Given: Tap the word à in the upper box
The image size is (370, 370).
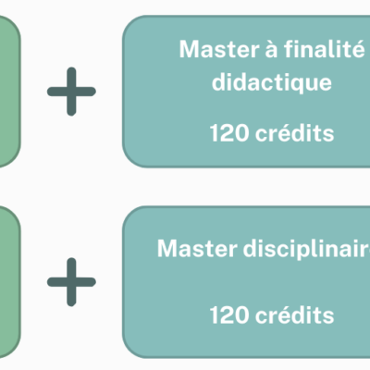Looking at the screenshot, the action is point(271,49).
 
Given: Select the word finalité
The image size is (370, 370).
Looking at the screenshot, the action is point(324,48).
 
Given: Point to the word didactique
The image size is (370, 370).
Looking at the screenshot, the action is point(272,82).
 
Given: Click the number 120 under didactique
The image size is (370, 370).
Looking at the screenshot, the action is point(228,133).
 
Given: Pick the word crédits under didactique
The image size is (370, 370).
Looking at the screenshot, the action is point(294,133).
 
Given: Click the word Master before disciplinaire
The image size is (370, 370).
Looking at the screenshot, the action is point(197,248).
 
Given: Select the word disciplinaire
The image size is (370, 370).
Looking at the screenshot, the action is point(306,248).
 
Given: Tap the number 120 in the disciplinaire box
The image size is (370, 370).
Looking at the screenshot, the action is point(228,314).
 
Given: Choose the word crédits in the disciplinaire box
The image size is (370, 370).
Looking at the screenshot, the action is point(294,314).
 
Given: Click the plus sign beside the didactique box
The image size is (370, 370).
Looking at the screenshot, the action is point(71,92).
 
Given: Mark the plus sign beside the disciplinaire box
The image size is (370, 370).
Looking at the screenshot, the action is point(71,282).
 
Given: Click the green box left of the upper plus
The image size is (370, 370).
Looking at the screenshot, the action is point(9,92).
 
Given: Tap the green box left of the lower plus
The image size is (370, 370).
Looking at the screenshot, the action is point(9,282).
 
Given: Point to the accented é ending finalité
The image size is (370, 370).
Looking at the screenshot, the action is point(359,48).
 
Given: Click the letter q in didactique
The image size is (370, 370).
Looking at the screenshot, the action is point(302,85).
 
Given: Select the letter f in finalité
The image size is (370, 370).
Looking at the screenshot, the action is point(289,48).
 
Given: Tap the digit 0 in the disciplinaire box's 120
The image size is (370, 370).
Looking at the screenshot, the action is point(241,314).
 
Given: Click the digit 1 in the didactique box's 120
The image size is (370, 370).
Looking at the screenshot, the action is point(214,133).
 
